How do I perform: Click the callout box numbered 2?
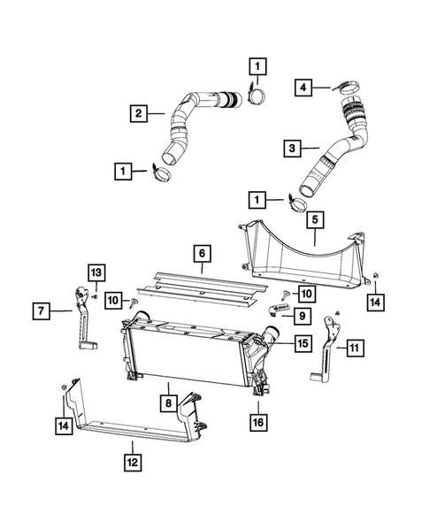(x=139, y=112)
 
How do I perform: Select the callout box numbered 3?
(x=291, y=149)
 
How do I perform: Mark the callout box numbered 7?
(x=41, y=310)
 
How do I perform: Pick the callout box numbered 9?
(x=302, y=315)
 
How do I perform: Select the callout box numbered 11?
(x=354, y=349)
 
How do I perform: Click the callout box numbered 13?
(x=96, y=272)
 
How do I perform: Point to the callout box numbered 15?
(x=302, y=341)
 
